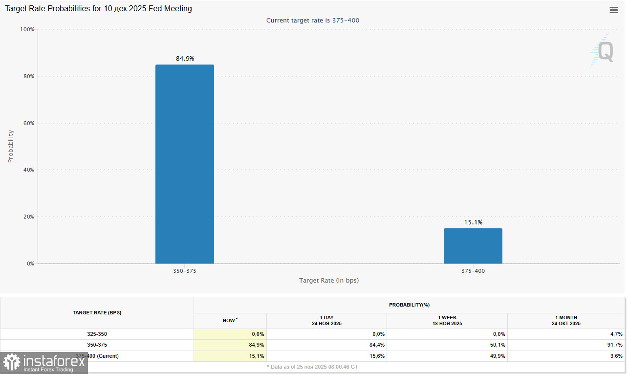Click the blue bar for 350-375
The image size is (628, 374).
(x=184, y=164)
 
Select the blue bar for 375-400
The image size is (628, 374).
(x=473, y=246)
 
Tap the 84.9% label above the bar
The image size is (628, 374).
(x=185, y=59)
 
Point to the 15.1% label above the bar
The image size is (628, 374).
(x=473, y=222)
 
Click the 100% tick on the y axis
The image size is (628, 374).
(x=27, y=30)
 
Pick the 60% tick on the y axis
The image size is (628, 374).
(x=28, y=123)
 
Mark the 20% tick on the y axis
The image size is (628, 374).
(x=28, y=217)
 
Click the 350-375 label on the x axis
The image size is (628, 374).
(x=185, y=271)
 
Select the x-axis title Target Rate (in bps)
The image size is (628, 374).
(x=329, y=281)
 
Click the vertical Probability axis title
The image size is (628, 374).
(x=11, y=146)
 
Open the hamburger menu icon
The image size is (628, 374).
(x=614, y=10)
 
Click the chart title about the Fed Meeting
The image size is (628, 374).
(x=98, y=9)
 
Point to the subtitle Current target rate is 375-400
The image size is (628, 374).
(x=313, y=21)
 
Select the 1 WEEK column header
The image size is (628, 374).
(x=447, y=321)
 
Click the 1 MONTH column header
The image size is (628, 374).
(x=567, y=321)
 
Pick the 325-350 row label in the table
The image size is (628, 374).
(x=97, y=334)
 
